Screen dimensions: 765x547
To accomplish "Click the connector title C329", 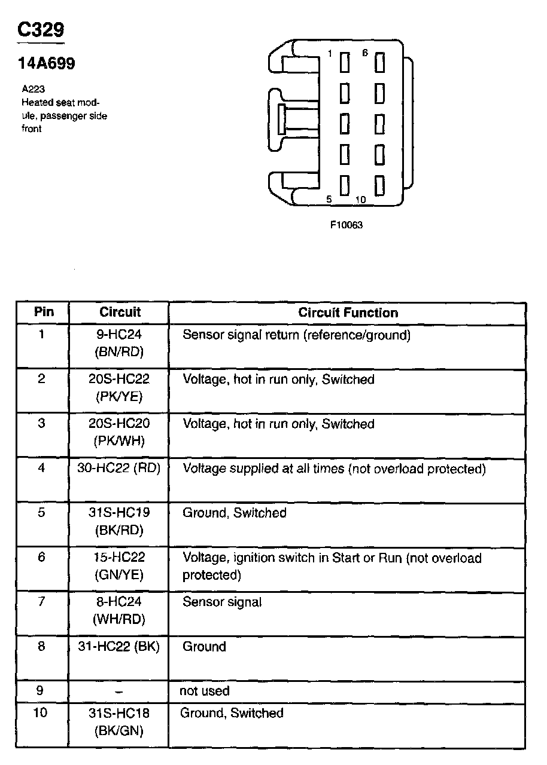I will (41, 30).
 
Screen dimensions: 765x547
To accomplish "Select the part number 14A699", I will (47, 64).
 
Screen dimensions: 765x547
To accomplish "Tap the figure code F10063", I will (347, 225).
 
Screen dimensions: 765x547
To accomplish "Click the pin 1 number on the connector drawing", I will (329, 54).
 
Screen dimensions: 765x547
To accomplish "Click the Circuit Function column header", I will (348, 313).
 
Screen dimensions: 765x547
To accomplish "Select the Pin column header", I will (44, 312).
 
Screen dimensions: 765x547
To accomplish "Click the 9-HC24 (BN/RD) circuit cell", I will (119, 343).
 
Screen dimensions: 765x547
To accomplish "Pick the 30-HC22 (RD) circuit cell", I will (119, 469).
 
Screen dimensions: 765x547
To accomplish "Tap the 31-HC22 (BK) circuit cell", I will (119, 647).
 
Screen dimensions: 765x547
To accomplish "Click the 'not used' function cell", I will (205, 691).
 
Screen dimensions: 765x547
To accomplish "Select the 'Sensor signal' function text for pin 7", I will (222, 602).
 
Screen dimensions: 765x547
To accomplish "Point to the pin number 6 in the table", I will (41, 557).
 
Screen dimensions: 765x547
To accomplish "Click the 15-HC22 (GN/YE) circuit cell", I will (119, 566).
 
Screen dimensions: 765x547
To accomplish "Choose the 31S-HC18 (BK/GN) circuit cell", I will (119, 721).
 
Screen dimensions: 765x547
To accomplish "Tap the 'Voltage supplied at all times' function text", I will (334, 469).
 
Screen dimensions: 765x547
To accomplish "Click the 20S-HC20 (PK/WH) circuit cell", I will (119, 432).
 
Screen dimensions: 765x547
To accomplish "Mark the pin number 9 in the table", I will (40, 691).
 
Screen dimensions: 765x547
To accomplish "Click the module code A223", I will (34, 89).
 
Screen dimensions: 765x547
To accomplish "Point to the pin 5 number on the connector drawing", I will (329, 199).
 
